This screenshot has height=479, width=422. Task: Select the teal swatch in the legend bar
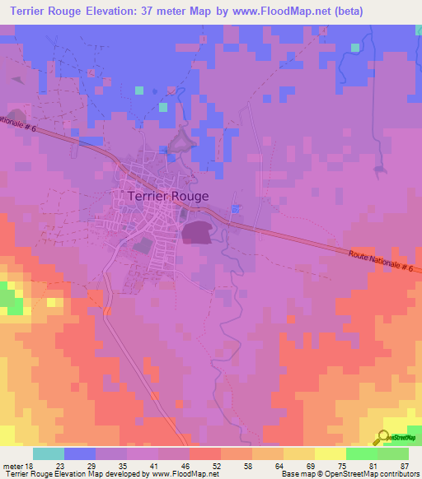click(x=49, y=453)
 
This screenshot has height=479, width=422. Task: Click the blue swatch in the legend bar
click(x=80, y=453)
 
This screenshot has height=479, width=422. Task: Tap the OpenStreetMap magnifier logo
click(x=383, y=438)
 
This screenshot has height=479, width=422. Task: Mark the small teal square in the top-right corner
click(x=354, y=48)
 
